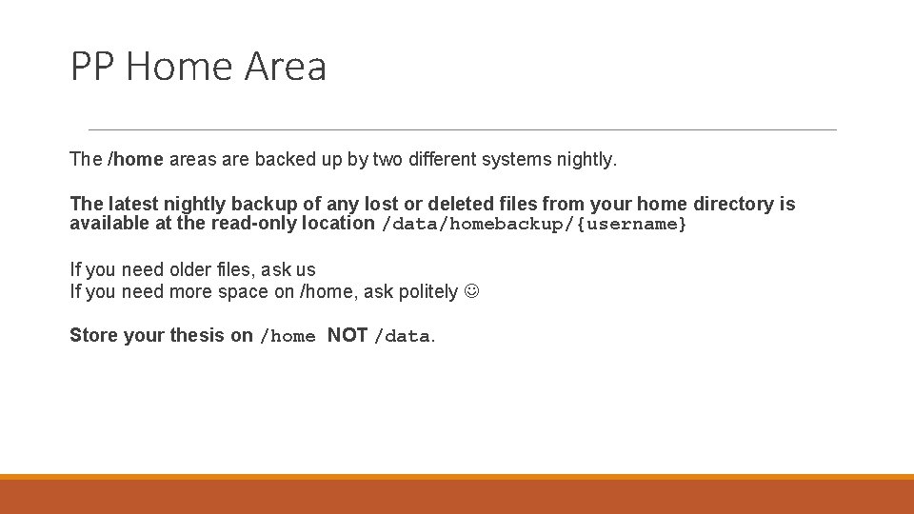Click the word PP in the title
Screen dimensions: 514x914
tap(92, 67)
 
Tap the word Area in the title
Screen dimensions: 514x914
tap(285, 67)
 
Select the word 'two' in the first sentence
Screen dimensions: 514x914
tap(387, 160)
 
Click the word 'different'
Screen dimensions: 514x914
tap(444, 160)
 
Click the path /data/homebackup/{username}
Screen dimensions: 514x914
tap(533, 225)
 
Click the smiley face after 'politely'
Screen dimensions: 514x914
tap(472, 292)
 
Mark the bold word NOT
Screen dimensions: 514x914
tap(348, 335)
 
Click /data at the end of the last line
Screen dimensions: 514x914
tap(403, 336)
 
